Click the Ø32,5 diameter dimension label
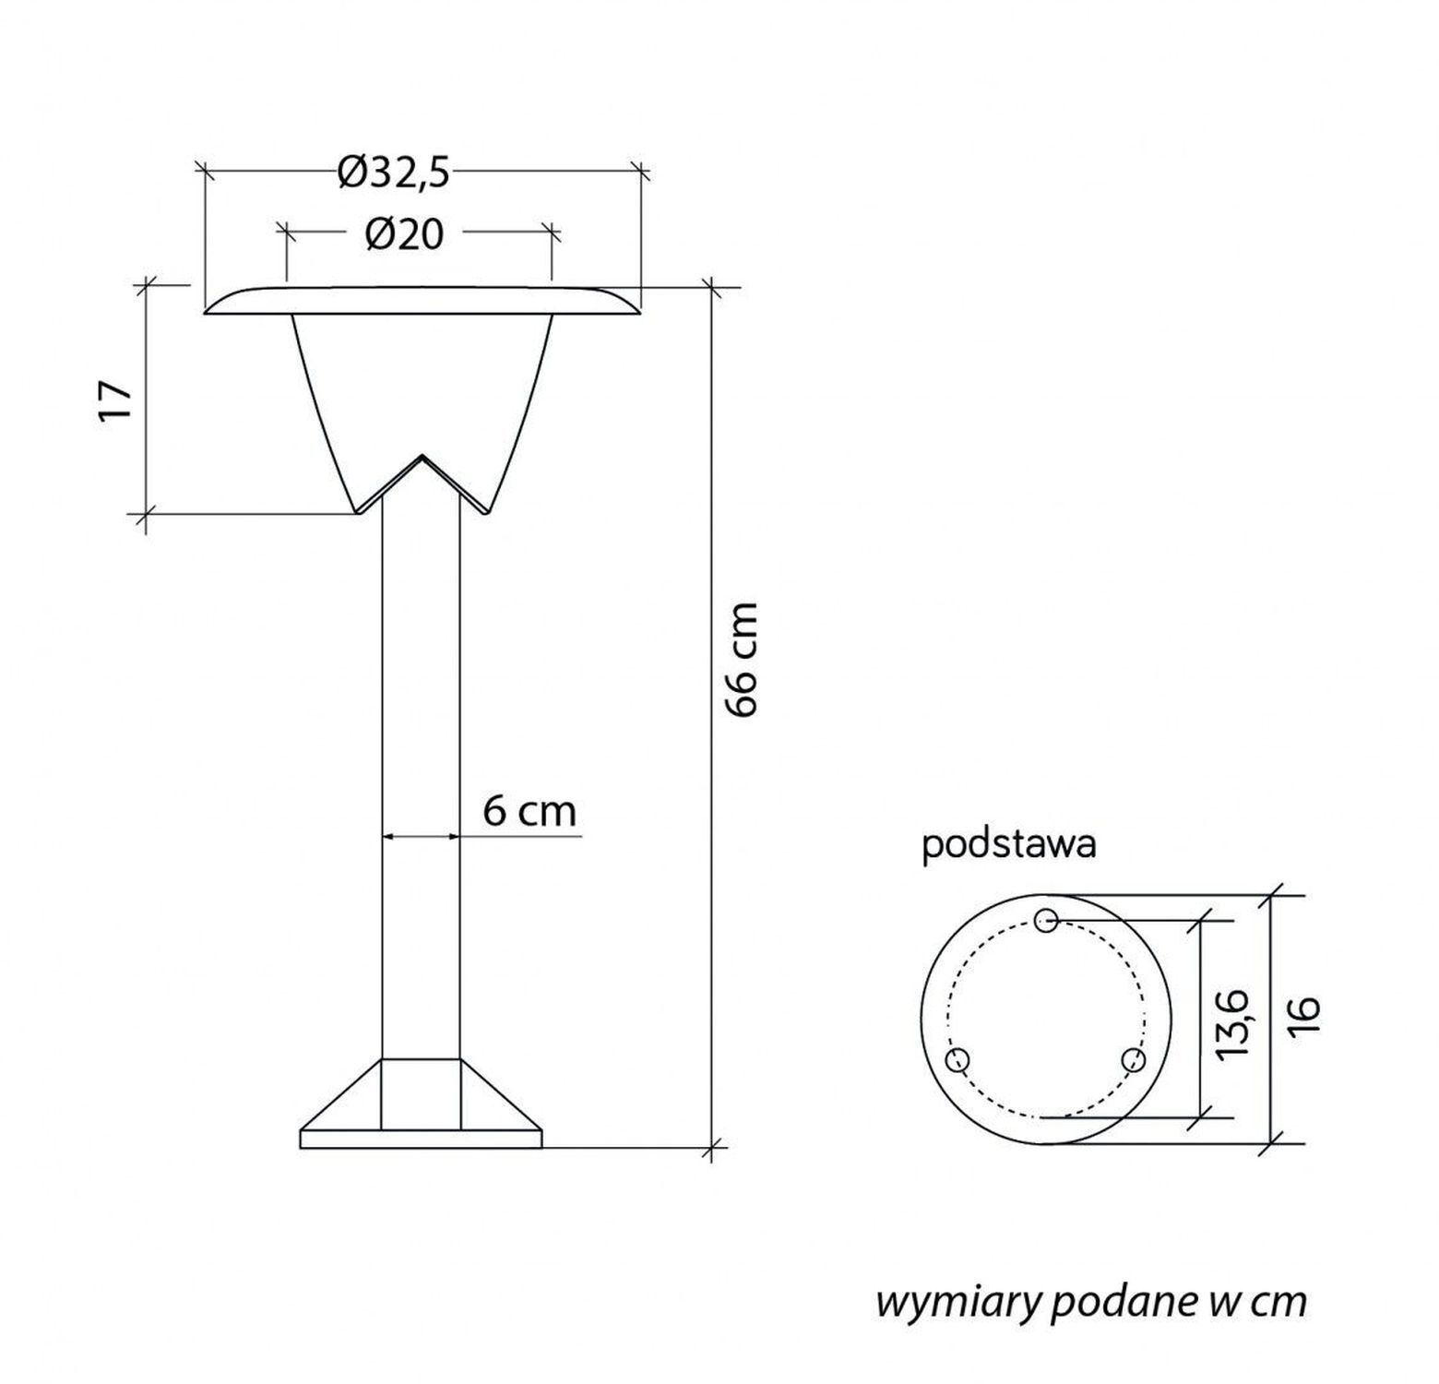pyautogui.click(x=394, y=172)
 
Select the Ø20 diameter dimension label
pyautogui.click(x=404, y=234)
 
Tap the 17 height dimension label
pyautogui.click(x=116, y=399)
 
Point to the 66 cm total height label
pyautogui.click(x=741, y=659)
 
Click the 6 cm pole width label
pyautogui.click(x=529, y=812)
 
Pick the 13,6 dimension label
pyautogui.click(x=1232, y=1024)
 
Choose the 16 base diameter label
pyautogui.click(x=1305, y=1018)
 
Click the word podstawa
pyautogui.click(x=1009, y=845)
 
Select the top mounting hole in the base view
pyautogui.click(x=1046, y=920)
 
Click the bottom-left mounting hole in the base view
pyautogui.click(x=958, y=1060)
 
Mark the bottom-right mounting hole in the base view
pyautogui.click(x=1133, y=1060)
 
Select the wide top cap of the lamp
pyautogui.click(x=422, y=301)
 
